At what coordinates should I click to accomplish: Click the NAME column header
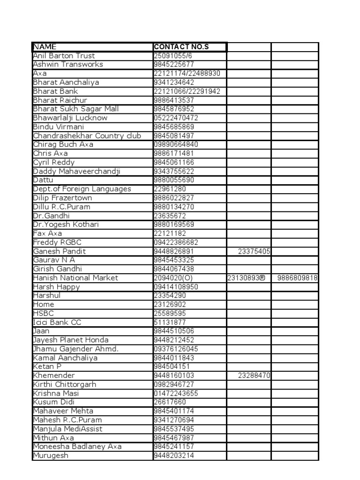pyautogui.click(x=45, y=47)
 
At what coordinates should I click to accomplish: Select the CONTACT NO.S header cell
pyautogui.click(x=181, y=47)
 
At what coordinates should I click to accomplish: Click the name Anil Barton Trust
pyautogui.click(x=64, y=56)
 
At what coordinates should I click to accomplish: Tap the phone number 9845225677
pyautogui.click(x=174, y=65)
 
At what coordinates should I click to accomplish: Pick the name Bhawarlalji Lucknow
pyautogui.click(x=70, y=118)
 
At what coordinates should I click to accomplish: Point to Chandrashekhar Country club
pyautogui.click(x=87, y=135)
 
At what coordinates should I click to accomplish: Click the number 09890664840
pyautogui.click(x=176, y=144)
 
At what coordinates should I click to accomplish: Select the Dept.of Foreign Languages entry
pyautogui.click(x=82, y=189)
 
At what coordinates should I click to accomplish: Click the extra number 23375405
pyautogui.click(x=254, y=251)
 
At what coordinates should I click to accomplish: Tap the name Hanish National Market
pyautogui.click(x=75, y=278)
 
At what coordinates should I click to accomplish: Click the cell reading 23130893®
pyautogui.click(x=246, y=278)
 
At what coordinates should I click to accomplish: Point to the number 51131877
pyautogui.click(x=170, y=322)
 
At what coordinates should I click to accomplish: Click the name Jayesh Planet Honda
pyautogui.click(x=71, y=340)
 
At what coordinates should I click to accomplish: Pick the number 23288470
pyautogui.click(x=254, y=375)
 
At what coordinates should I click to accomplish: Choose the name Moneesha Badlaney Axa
pyautogui.click(x=77, y=447)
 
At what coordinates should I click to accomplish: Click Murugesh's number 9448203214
pyautogui.click(x=174, y=456)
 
